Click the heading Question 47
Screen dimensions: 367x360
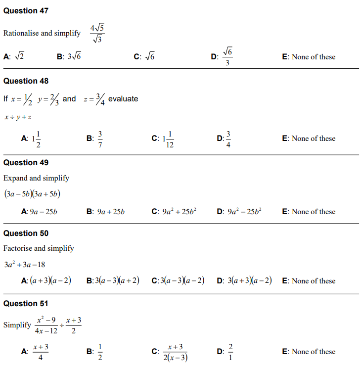[x=26, y=10]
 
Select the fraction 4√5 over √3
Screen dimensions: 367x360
[x=97, y=33]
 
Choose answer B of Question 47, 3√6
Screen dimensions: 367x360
[x=75, y=56]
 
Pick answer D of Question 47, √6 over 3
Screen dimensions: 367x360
[x=227, y=56]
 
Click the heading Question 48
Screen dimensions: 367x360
[x=26, y=81]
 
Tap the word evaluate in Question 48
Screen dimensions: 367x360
[x=123, y=98]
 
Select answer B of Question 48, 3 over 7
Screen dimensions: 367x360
[x=99, y=138]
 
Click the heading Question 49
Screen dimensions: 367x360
[x=26, y=162]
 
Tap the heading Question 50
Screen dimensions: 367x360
[x=26, y=233]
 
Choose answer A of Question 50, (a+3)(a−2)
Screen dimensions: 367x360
[x=50, y=280]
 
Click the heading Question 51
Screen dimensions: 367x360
[x=26, y=303]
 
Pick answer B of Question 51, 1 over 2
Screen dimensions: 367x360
[x=99, y=352]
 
